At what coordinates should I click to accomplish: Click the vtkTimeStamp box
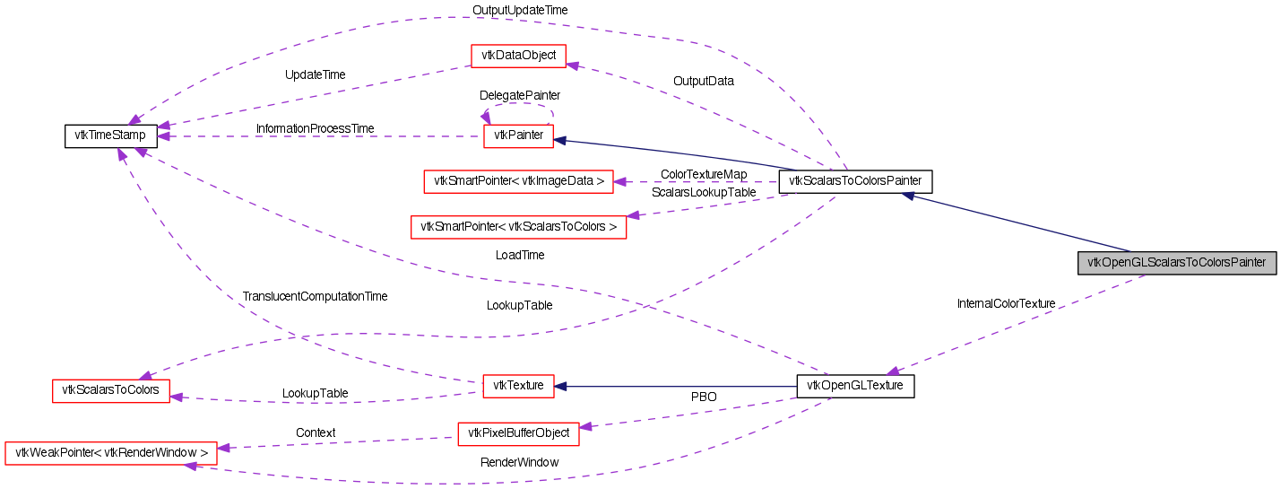coord(111,136)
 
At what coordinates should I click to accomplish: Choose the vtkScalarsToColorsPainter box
coord(855,181)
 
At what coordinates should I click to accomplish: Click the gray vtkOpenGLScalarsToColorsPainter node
coord(1176,263)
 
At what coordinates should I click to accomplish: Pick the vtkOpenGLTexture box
coord(855,386)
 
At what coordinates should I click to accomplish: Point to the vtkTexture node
coord(519,386)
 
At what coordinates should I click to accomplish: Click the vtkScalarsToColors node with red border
coord(110,390)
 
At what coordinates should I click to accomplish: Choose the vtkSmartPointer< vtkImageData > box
coord(519,181)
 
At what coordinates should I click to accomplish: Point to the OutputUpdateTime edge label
coord(520,10)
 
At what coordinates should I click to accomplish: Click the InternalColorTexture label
coord(1006,303)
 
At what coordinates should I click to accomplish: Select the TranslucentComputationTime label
coord(315,296)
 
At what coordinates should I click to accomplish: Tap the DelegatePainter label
coord(520,94)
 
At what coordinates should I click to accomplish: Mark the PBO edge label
coord(704,396)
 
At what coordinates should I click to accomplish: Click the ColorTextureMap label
coord(704,174)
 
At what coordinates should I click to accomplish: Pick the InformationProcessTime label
coord(315,128)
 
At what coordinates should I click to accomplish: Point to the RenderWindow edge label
coord(519,462)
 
